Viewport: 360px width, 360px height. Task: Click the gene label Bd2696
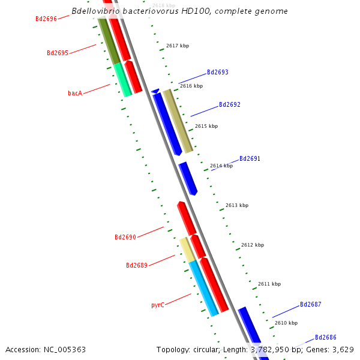click(x=46, y=19)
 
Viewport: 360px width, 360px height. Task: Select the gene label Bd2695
click(x=58, y=53)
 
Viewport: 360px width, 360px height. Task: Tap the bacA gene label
click(x=75, y=93)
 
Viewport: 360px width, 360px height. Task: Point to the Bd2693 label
click(x=217, y=72)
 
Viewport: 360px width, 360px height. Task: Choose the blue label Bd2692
click(x=229, y=104)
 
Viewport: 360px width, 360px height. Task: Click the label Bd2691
click(x=250, y=158)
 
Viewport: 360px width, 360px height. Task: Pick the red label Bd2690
click(x=125, y=237)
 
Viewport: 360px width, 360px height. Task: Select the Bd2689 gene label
click(x=137, y=265)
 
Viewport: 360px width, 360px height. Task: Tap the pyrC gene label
click(x=158, y=305)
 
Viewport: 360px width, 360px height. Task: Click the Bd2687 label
click(x=310, y=304)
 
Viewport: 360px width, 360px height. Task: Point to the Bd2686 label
click(x=325, y=337)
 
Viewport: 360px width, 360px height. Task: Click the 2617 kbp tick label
click(x=178, y=46)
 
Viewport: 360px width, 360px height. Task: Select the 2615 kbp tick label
click(x=206, y=126)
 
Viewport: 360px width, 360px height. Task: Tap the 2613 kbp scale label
click(x=236, y=205)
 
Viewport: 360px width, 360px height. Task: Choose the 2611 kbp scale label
click(x=269, y=284)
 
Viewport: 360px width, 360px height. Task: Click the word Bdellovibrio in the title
click(x=94, y=11)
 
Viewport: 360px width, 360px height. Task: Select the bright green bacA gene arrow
click(x=123, y=80)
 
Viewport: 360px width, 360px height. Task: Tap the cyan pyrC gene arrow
click(x=203, y=288)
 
